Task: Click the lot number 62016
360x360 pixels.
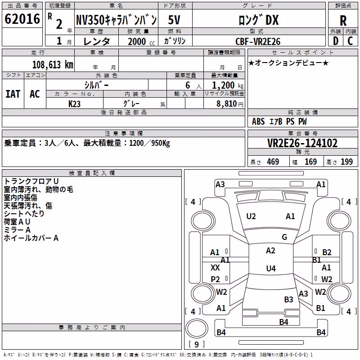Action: coord(22,19)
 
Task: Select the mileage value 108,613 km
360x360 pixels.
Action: coord(53,65)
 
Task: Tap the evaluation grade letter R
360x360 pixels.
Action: coord(343,21)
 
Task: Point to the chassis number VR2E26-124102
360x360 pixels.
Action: coord(302,143)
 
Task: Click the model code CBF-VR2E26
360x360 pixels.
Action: coord(258,41)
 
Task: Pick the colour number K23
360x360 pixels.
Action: coord(74,104)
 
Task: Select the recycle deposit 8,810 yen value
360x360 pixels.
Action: coord(230,104)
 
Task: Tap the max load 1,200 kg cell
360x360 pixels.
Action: coord(228,85)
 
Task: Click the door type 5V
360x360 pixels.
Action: coord(174,20)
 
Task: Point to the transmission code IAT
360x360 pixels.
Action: coord(13,94)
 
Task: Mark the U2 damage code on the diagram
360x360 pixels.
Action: coord(251,216)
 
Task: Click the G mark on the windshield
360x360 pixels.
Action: coord(284,237)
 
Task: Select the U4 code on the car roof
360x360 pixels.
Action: coord(271,268)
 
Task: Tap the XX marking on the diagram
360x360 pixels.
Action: coord(215,267)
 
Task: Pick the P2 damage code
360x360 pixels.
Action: coord(215,279)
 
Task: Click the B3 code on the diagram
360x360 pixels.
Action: coord(288,299)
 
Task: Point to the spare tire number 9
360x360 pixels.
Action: coord(197,344)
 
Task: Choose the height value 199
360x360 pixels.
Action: coord(346,162)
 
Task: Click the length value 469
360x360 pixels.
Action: coord(273,162)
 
